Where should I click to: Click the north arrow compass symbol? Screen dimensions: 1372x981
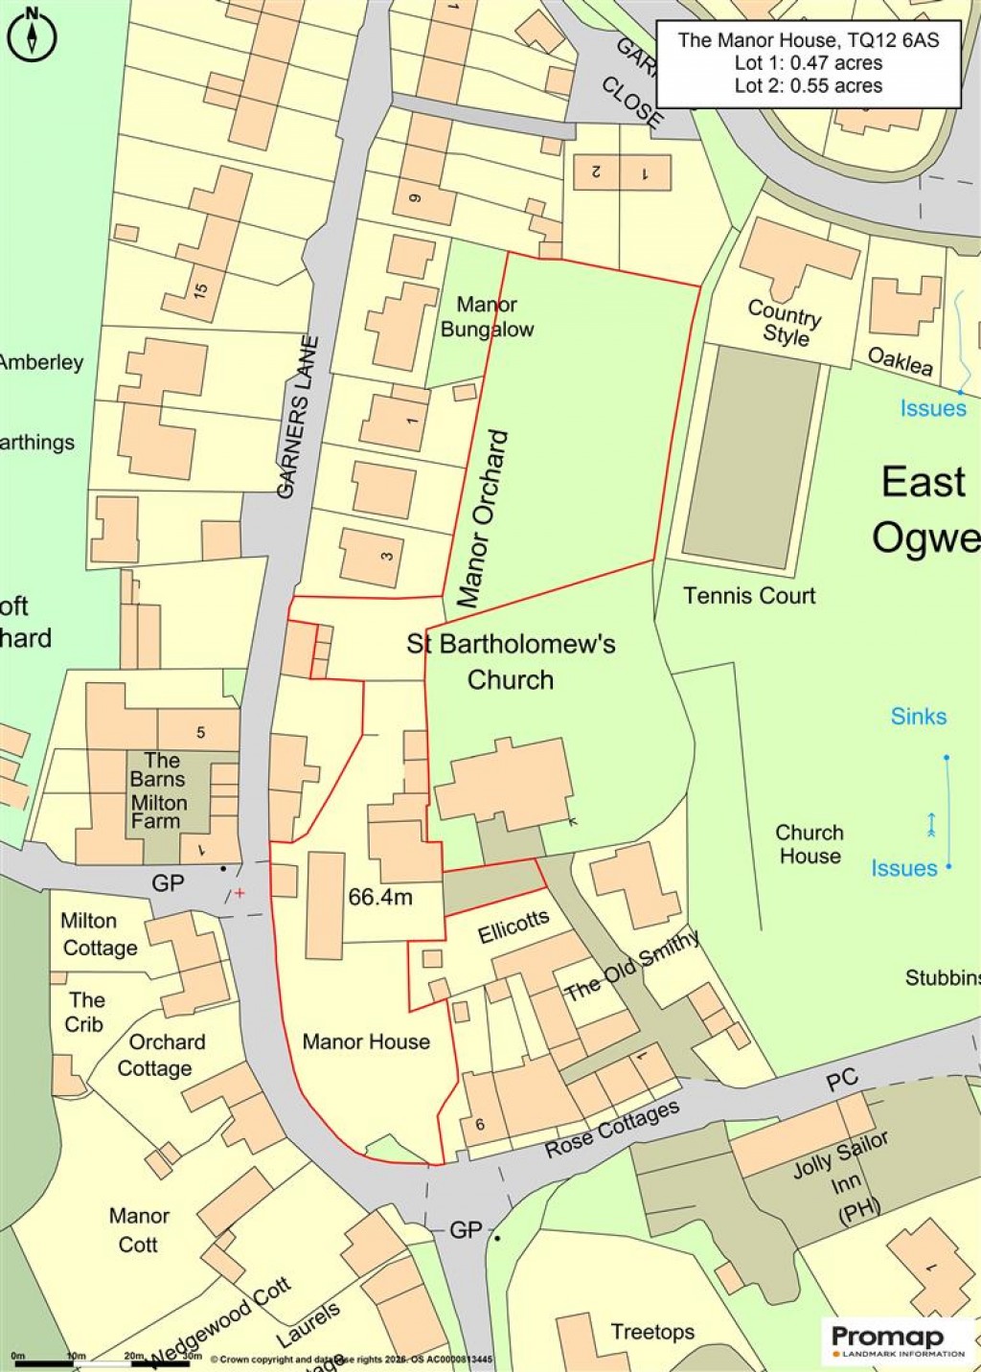pyautogui.click(x=32, y=35)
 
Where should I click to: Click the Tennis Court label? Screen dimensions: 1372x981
pyautogui.click(x=749, y=596)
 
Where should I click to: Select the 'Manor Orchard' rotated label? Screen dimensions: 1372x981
pyautogui.click(x=483, y=519)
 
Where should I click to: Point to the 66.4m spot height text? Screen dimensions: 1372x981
pyautogui.click(x=380, y=897)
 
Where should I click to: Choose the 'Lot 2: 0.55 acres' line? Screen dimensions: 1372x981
pyautogui.click(x=809, y=85)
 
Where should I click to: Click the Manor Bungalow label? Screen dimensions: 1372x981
pyautogui.click(x=487, y=317)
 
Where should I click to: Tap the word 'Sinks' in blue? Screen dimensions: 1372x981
pyautogui.click(x=918, y=717)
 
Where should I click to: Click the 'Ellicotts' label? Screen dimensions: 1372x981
pyautogui.click(x=513, y=926)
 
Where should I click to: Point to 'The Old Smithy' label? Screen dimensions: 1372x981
pyautogui.click(x=632, y=967)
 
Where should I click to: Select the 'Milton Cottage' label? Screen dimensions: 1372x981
pyautogui.click(x=99, y=934)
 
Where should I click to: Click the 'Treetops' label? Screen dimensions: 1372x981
pyautogui.click(x=652, y=1332)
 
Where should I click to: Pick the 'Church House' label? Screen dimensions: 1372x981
pyautogui.click(x=810, y=844)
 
